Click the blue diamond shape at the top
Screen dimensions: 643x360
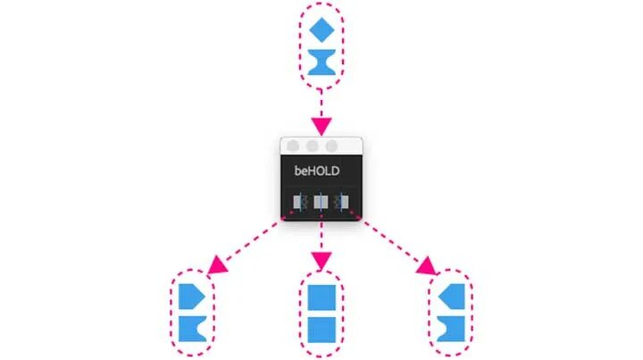coord(321,29)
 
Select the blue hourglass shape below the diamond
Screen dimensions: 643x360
coord(321,63)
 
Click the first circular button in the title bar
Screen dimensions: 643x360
coord(293,146)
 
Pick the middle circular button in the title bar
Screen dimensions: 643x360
coord(313,146)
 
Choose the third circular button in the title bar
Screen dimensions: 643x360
coord(332,146)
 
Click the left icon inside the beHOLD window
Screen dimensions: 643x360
coord(300,204)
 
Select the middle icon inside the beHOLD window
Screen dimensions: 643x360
coord(321,204)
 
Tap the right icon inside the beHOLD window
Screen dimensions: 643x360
coord(343,204)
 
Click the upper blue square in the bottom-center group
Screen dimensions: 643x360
coord(321,297)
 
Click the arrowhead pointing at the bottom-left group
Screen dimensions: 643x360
coord(216,266)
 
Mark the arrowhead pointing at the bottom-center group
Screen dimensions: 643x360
coord(321,261)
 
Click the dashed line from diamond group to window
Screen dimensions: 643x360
coord(321,103)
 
